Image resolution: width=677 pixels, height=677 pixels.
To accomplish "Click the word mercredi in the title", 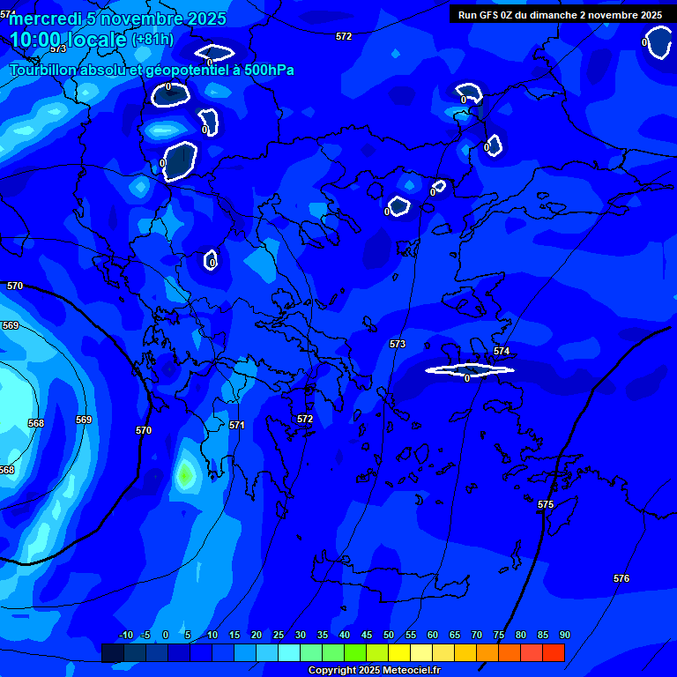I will point(41,19).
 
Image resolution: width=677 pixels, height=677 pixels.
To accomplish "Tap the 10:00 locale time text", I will point(68,40).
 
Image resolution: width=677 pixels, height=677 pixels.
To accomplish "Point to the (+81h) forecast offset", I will point(153,40).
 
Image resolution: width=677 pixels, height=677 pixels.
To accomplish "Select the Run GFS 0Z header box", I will point(560,15).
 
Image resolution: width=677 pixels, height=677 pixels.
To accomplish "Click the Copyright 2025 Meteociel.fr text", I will point(374,671).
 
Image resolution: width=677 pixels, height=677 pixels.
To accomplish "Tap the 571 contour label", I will point(237,425).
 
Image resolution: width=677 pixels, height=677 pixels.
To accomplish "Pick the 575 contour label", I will point(546,504).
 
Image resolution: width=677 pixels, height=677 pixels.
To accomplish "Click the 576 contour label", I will point(621,578).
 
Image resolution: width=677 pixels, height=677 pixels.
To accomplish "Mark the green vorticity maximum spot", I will point(184,475).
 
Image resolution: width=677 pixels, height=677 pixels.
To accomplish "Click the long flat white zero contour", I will point(468,369).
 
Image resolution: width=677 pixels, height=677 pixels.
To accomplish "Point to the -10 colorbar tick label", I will point(125,636).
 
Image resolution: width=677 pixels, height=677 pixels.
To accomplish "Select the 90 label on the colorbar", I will point(564,636).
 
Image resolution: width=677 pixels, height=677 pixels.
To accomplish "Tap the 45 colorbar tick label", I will point(366,636).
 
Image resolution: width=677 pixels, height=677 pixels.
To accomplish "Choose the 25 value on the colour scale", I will point(278,636).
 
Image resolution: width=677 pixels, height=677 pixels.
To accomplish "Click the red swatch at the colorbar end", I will point(553,652).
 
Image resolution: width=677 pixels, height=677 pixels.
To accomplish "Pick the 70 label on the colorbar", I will point(476,636).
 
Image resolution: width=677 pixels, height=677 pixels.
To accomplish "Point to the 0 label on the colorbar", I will point(166,636).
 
